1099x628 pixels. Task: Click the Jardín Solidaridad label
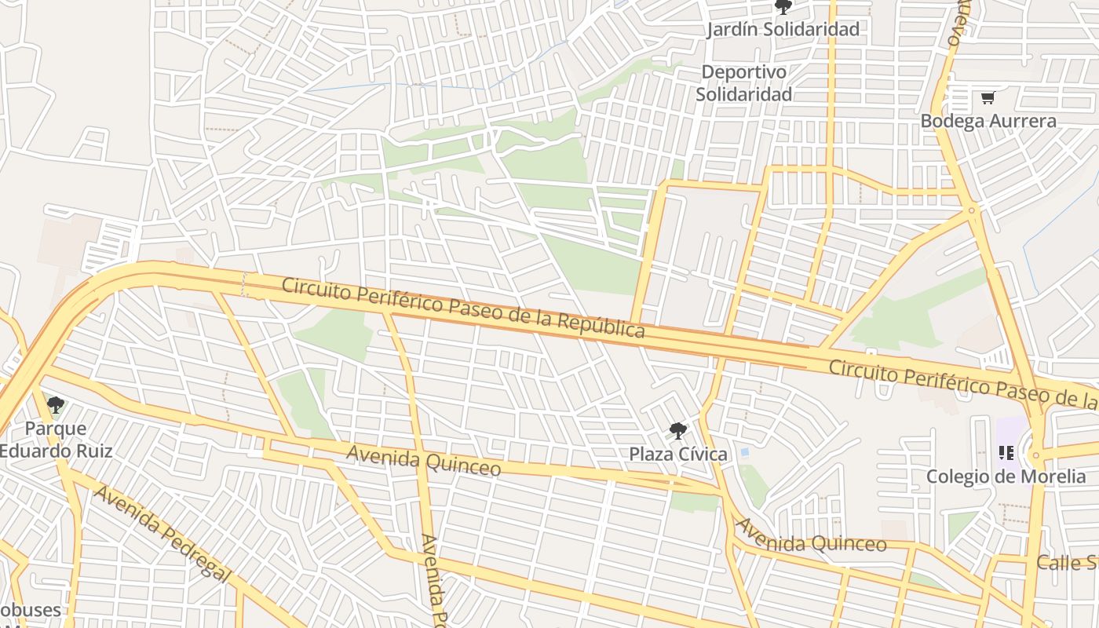pos(783,30)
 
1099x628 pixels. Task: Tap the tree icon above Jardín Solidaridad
pos(783,8)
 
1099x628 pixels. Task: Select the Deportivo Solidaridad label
pos(743,82)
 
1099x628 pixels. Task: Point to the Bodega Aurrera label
pos(988,121)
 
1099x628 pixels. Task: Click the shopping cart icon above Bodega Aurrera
pos(988,98)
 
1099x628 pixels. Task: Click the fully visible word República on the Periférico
pos(601,323)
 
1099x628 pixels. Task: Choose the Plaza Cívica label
pos(678,454)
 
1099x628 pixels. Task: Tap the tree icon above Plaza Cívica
pos(678,431)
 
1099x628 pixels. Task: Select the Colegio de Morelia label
pos(1006,476)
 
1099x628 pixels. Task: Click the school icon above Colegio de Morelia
pos(1006,453)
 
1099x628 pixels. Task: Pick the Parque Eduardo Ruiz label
pos(56,440)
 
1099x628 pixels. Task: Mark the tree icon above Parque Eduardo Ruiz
pos(55,406)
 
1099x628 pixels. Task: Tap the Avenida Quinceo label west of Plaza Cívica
pos(423,461)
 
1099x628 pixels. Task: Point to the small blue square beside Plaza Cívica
pos(744,453)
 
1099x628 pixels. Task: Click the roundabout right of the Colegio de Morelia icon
pos(1037,455)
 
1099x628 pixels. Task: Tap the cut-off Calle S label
pos(1067,562)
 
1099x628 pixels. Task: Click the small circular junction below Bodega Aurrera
pos(972,210)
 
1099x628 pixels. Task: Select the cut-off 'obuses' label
pos(30,611)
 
